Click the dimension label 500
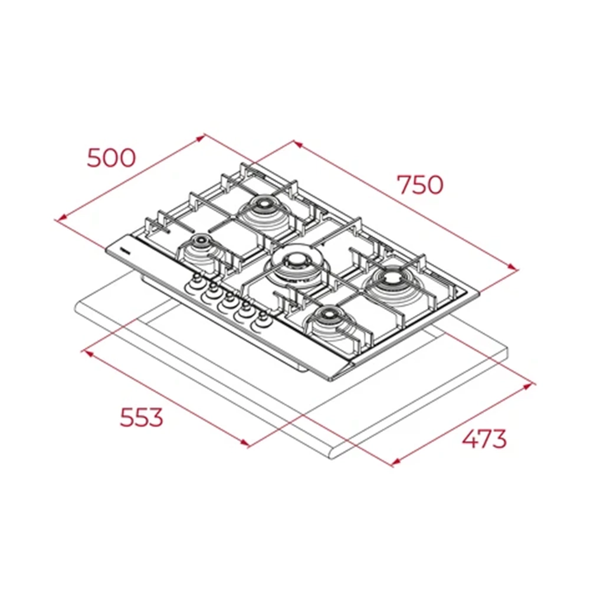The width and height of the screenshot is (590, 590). tap(111, 158)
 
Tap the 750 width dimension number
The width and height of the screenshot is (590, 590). tap(420, 184)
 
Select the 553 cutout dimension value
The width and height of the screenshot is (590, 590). tap(142, 417)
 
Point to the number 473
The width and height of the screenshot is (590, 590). tap(484, 439)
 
